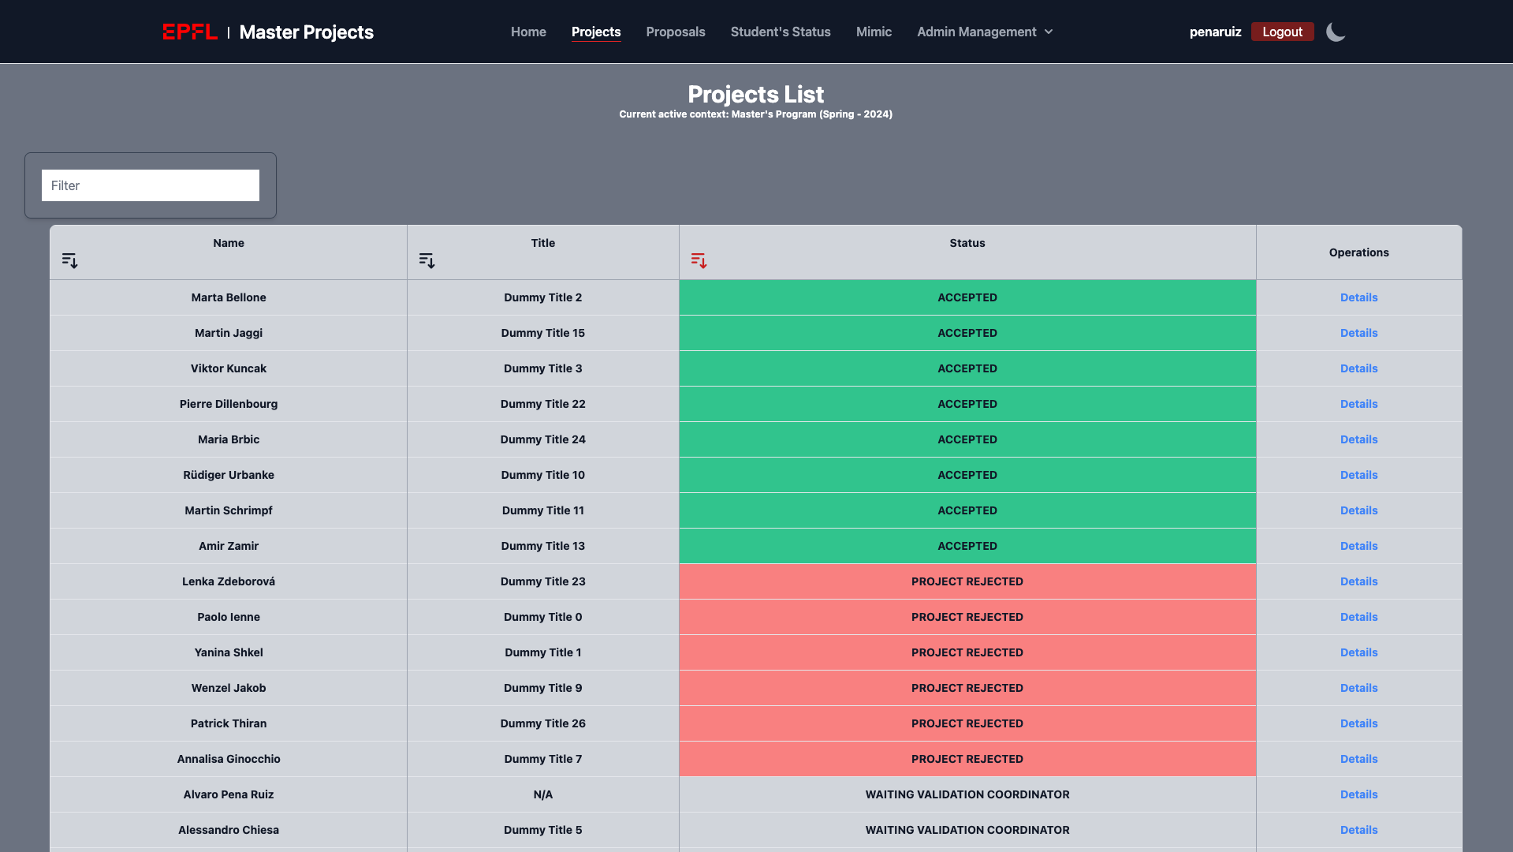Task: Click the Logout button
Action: tap(1282, 32)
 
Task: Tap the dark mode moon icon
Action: tap(1336, 32)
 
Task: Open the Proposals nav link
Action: tap(675, 32)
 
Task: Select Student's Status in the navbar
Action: tap(780, 32)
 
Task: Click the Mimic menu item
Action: tap(874, 32)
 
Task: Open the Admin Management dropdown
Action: tap(984, 32)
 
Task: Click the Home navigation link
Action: tap(528, 32)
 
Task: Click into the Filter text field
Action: tap(150, 185)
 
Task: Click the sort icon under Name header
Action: tap(70, 260)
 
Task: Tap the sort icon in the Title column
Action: tap(427, 260)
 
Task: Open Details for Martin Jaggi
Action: tap(1358, 333)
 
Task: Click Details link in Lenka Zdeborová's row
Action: tap(1358, 581)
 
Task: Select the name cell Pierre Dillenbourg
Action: tap(229, 404)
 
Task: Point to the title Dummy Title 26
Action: tap(542, 723)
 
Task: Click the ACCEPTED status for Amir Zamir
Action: tap(967, 546)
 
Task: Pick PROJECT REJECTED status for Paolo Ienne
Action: tap(967, 617)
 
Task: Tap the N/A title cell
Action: tap(542, 794)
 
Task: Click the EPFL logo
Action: tap(190, 32)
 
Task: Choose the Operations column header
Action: tap(1358, 252)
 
